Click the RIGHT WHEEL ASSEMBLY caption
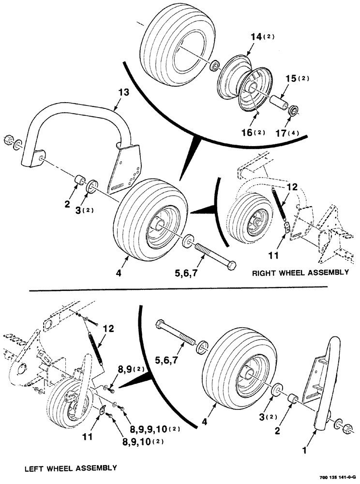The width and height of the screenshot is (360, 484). (x=300, y=273)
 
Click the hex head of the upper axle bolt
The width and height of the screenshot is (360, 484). (x=231, y=265)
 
